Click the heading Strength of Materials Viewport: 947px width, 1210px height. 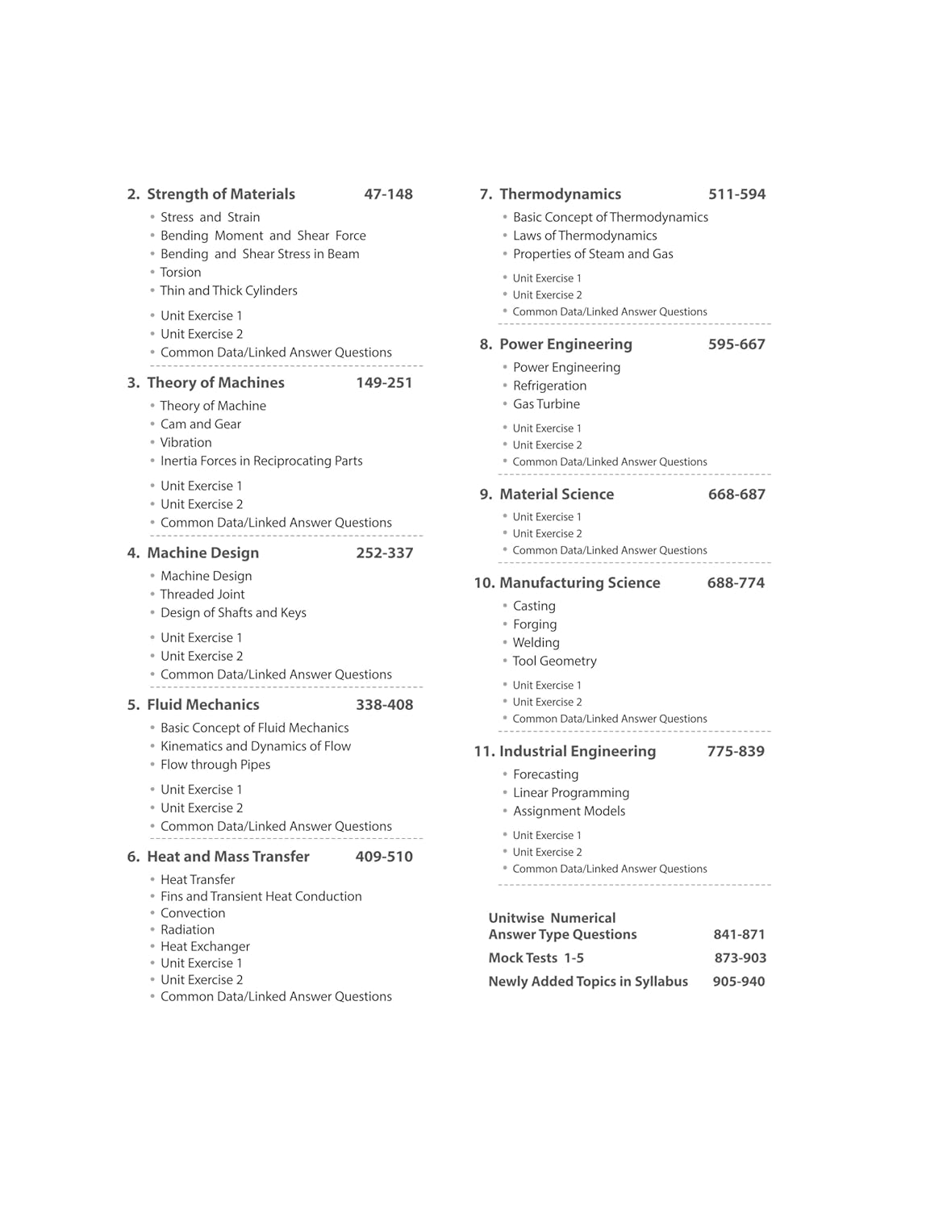(220, 194)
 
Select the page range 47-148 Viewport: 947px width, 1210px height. (388, 194)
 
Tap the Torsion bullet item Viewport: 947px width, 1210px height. (181, 273)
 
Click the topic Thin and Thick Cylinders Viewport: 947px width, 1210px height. (228, 291)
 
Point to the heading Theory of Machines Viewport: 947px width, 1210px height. (215, 383)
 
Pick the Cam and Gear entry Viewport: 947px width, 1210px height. (200, 424)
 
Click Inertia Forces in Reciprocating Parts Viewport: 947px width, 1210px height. (261, 461)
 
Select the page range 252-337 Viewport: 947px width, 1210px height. (384, 553)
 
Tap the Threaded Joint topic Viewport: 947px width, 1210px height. (202, 595)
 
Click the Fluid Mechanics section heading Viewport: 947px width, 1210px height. (202, 705)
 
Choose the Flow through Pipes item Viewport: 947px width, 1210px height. (215, 765)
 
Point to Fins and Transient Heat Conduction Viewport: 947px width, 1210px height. (261, 896)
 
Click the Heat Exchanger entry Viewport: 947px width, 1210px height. (205, 946)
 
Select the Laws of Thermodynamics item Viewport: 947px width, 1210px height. (585, 236)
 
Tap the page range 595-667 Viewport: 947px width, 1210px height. (736, 344)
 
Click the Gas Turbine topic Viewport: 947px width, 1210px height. (546, 404)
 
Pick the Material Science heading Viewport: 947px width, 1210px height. (557, 494)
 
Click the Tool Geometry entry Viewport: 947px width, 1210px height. (555, 661)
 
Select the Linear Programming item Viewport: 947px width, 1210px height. (571, 793)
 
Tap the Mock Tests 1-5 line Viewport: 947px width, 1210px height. (536, 958)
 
